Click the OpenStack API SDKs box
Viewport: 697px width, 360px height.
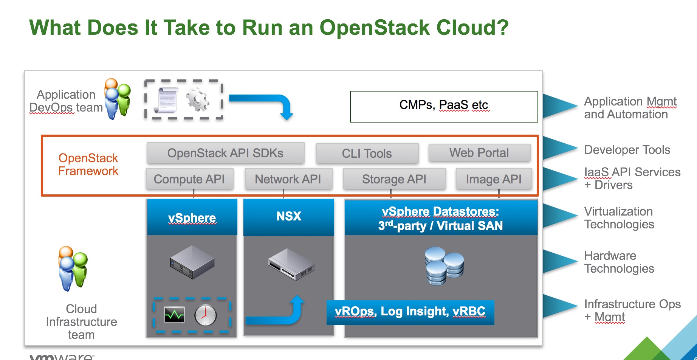click(x=225, y=153)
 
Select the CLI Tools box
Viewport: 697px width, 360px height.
click(x=367, y=154)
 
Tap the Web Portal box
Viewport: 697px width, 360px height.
click(x=479, y=153)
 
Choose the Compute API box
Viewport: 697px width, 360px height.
click(x=189, y=179)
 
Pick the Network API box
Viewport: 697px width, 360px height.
click(x=288, y=179)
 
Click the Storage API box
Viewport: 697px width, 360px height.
click(x=394, y=179)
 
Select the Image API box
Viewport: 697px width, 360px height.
click(x=494, y=179)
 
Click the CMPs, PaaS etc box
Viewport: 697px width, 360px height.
click(x=444, y=106)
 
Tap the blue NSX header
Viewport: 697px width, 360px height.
click(x=288, y=217)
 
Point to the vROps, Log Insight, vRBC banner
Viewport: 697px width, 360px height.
click(x=410, y=312)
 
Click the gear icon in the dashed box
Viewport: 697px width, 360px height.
click(x=197, y=99)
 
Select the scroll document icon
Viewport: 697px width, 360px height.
click(x=166, y=99)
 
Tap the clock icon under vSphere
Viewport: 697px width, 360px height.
click(x=205, y=315)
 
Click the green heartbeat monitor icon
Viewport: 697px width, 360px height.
click(x=174, y=315)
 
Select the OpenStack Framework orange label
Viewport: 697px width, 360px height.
click(x=88, y=164)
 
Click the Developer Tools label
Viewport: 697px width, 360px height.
click(x=627, y=150)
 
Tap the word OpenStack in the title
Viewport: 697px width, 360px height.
click(x=375, y=28)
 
